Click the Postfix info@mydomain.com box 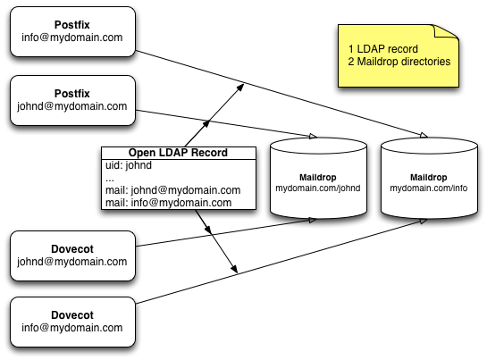pos(72,31)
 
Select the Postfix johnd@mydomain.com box pos(72,100)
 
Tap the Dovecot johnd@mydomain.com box pos(72,255)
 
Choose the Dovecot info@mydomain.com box pos(72,322)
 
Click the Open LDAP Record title pos(178,153)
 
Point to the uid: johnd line pos(129,165)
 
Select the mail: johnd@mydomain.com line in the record pos(172,190)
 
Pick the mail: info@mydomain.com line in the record pos(168,203)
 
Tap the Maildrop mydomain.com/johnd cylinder pos(318,178)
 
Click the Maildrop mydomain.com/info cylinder pos(429,178)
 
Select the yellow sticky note pos(399,55)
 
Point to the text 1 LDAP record pos(383,49)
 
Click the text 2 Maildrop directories pos(399,62)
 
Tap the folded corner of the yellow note pos(447,31)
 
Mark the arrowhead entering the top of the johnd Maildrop pos(313,136)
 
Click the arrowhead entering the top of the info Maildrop pos(424,135)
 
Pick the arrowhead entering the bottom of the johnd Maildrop pos(313,221)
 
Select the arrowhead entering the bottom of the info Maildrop pos(423,222)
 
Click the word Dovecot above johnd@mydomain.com pos(72,249)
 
